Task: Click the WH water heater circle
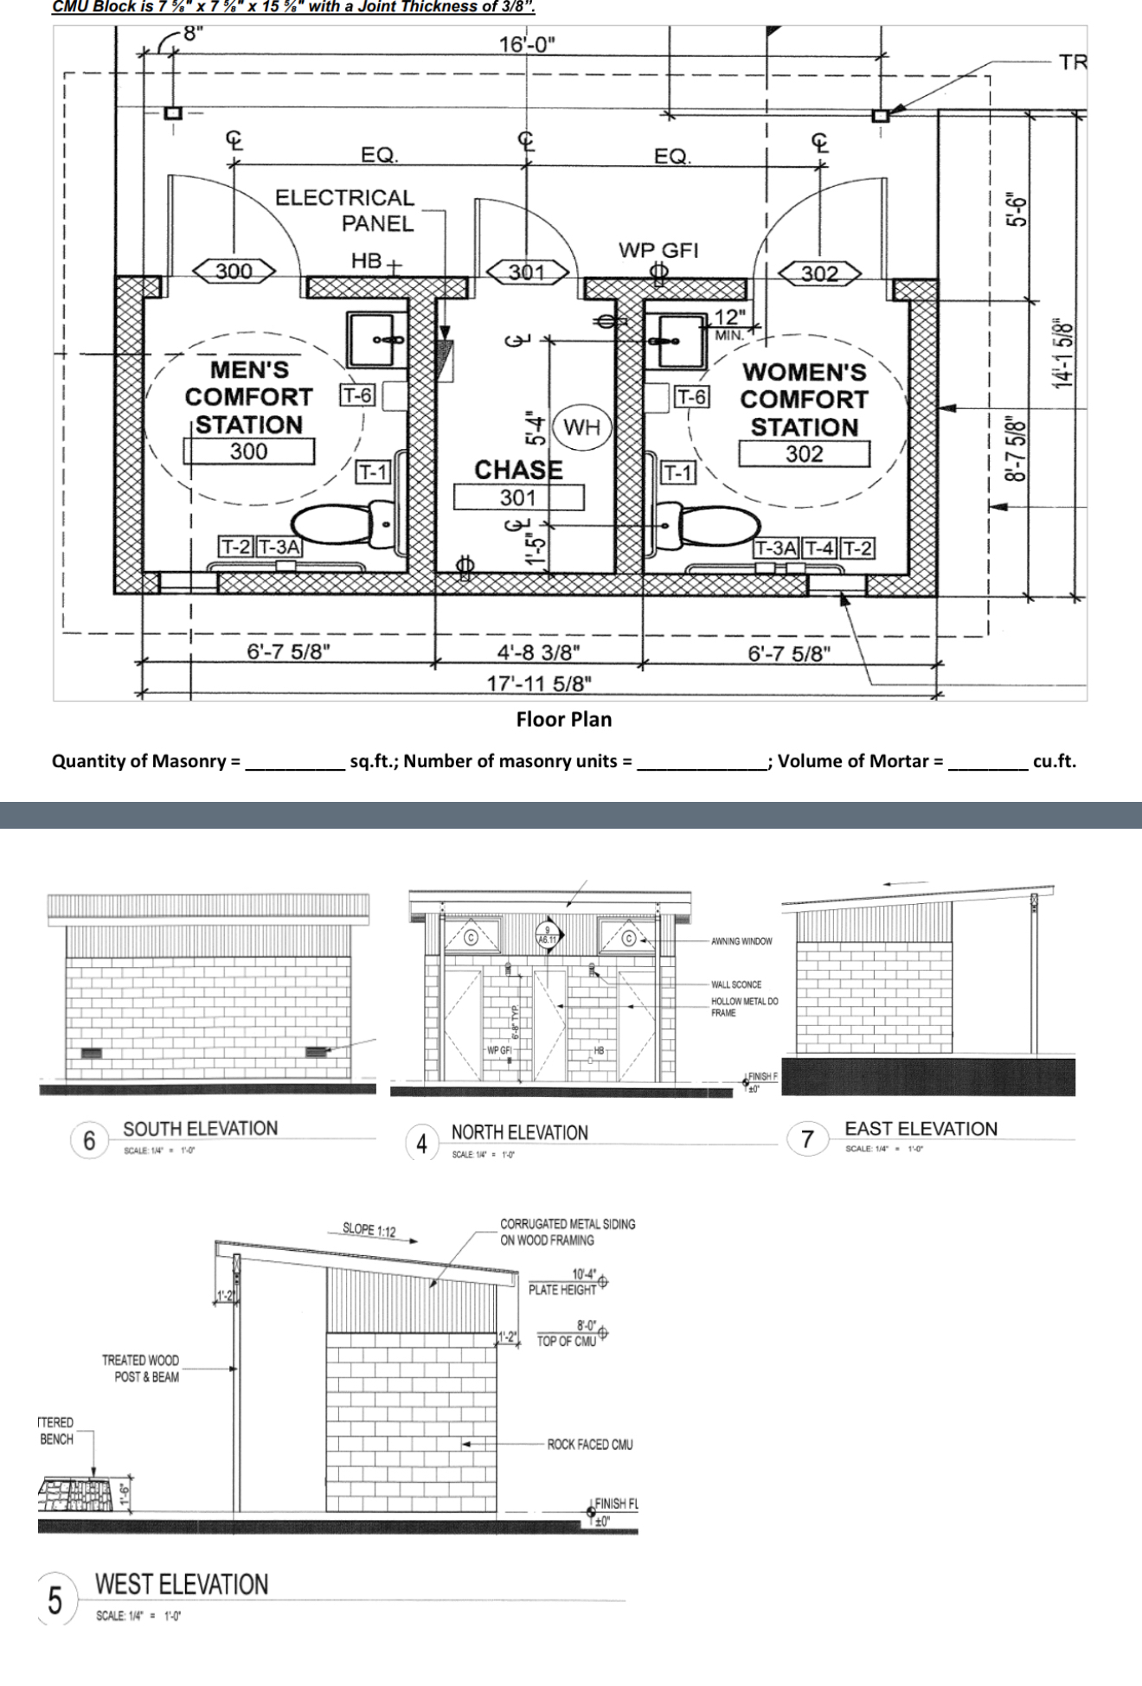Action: [581, 426]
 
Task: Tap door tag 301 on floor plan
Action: [526, 272]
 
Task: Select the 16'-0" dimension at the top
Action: [528, 44]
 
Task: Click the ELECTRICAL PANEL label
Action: [346, 210]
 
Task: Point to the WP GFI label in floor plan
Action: [658, 250]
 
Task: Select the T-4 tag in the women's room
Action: [819, 548]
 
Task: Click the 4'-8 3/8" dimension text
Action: [539, 651]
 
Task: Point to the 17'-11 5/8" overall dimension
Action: [539, 683]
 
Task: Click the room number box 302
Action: [804, 454]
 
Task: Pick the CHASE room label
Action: [518, 470]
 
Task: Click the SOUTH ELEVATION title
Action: [200, 1129]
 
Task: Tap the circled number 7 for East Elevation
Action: [807, 1139]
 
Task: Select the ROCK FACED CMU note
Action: [589, 1445]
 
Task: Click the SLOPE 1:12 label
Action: [369, 1230]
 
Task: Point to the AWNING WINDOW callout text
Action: [741, 941]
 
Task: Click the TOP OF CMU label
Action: [567, 1342]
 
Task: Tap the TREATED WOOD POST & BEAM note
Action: [141, 1369]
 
